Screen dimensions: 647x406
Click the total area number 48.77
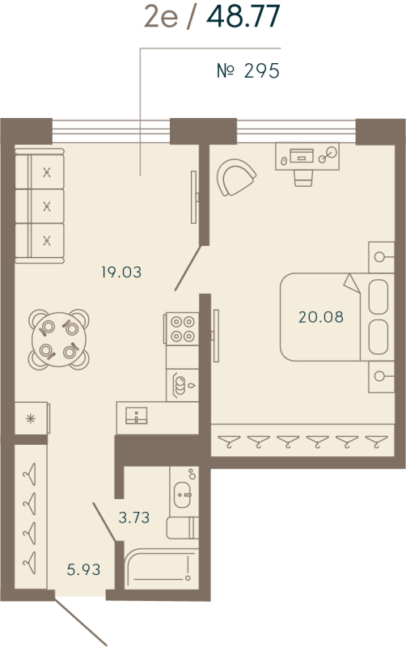click(x=243, y=18)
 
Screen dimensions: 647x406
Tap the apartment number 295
click(x=248, y=72)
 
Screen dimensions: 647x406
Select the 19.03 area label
click(x=121, y=273)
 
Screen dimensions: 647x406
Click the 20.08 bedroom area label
click(x=320, y=317)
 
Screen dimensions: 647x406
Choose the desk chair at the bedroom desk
click(x=303, y=175)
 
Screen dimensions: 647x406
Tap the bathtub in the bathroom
click(x=161, y=571)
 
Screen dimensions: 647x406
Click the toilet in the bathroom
click(x=181, y=528)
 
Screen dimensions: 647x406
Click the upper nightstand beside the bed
click(x=380, y=258)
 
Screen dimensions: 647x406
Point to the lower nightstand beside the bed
click(x=380, y=374)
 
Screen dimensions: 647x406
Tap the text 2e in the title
click(x=161, y=18)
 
